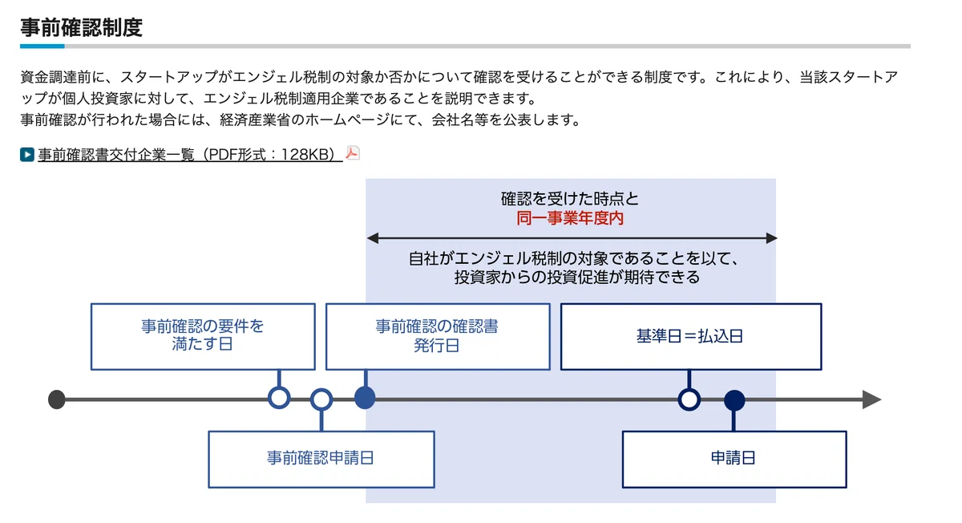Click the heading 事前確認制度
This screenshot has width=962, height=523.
click(81, 27)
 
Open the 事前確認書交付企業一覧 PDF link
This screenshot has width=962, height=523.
click(190, 155)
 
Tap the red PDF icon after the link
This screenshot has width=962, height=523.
click(353, 153)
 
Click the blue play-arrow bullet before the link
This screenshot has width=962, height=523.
click(27, 155)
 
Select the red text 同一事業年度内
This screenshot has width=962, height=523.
click(570, 218)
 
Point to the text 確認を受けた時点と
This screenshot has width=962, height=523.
click(570, 199)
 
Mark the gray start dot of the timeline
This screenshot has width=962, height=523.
click(57, 399)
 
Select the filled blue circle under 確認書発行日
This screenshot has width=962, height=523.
click(365, 398)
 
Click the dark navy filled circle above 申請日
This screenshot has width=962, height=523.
click(734, 400)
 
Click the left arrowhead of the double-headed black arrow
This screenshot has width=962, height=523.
click(373, 238)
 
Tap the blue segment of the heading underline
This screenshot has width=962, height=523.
click(42, 46)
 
